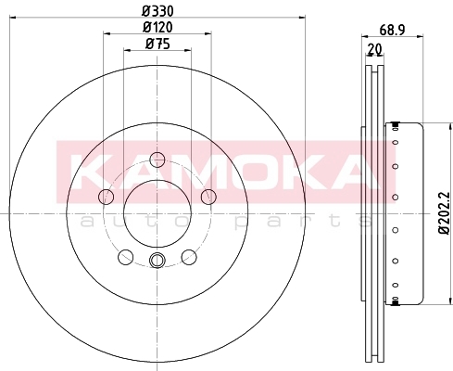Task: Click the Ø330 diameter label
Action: [157, 12]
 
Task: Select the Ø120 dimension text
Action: [157, 28]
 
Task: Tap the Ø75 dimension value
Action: [157, 44]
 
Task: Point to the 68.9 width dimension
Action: [392, 31]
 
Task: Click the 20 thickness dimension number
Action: [375, 49]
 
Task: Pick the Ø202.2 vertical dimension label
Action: [446, 213]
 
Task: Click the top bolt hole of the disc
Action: [157, 160]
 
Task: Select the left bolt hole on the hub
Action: [106, 197]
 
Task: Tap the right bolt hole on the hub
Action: [208, 197]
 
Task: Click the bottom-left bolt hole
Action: [126, 257]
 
